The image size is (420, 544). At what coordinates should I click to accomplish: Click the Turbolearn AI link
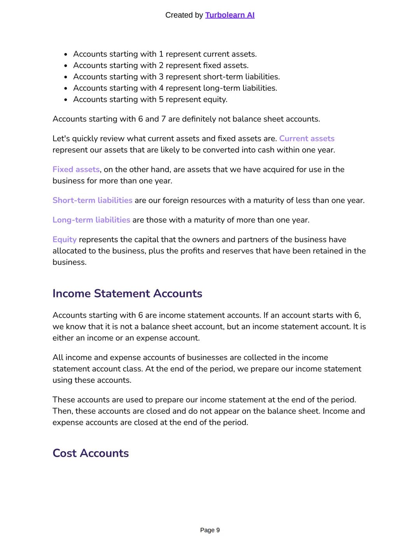coord(229,15)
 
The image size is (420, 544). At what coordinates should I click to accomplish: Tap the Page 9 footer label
coord(210,530)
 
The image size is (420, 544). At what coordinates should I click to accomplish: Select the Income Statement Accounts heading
coord(127,293)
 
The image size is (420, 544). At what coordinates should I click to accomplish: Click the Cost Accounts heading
coord(91,453)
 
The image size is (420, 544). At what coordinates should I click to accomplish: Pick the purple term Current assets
coord(306,139)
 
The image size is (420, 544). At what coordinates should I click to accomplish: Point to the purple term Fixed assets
coord(76,169)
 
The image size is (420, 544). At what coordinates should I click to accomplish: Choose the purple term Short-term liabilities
coord(92,201)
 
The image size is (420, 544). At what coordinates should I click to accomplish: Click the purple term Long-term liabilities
coord(91,220)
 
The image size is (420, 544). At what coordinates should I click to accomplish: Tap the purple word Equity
coord(65,239)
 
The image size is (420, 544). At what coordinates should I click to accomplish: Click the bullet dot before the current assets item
coord(66,55)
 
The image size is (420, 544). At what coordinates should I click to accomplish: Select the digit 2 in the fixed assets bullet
coord(161,65)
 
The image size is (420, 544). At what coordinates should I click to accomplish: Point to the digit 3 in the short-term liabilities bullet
coord(161,77)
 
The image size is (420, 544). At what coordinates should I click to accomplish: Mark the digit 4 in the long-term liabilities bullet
coord(161,88)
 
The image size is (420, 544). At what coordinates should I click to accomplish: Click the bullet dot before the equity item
coord(66,100)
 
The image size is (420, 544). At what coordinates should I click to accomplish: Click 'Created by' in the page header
coord(184,15)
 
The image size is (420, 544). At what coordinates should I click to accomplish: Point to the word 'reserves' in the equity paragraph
coord(238,251)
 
